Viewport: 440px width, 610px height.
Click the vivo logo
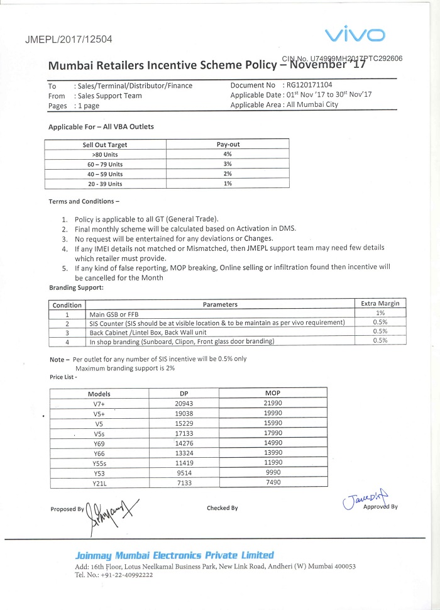point(355,34)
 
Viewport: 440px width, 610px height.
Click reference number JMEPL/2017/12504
point(69,39)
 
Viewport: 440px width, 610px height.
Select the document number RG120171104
point(309,85)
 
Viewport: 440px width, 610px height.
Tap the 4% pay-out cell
point(228,154)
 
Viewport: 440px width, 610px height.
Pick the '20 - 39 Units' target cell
point(105,184)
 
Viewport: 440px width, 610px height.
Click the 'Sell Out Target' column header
point(105,145)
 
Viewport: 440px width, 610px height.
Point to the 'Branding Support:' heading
point(76,287)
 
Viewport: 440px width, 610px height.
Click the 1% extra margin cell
point(380,313)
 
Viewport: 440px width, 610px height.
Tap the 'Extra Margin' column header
point(380,304)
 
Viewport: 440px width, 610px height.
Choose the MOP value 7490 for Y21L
point(273,482)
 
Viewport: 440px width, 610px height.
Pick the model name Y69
point(99,443)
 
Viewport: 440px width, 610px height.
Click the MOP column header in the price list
point(273,393)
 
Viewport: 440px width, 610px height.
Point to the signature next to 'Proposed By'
point(110,507)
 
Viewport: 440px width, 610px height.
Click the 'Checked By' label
point(222,508)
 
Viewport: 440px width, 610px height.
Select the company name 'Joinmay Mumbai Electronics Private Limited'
point(174,555)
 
